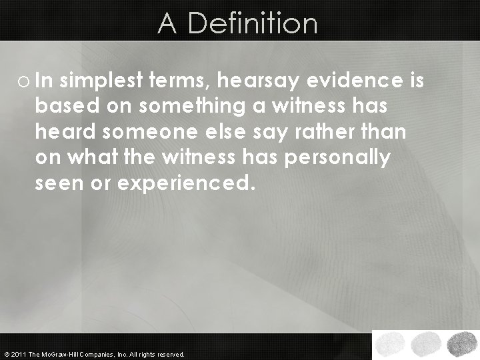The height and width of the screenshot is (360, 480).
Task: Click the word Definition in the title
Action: click(x=254, y=23)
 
